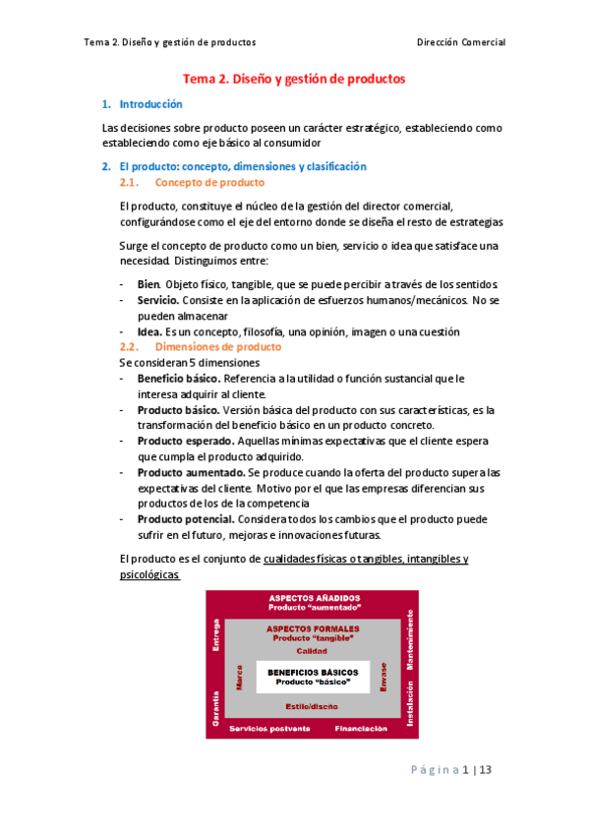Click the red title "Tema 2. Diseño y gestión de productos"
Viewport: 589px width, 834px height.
click(294, 79)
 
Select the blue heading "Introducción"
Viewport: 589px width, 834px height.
click(150, 104)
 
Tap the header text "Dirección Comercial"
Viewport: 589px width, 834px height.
click(461, 42)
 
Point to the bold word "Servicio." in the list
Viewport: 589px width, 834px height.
click(158, 299)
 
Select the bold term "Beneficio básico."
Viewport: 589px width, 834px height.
click(179, 379)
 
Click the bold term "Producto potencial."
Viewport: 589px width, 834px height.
click(185, 518)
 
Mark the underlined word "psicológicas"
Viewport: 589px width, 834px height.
click(147, 574)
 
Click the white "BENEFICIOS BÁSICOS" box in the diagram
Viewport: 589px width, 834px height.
click(314, 676)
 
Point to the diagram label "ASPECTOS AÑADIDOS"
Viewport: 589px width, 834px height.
click(314, 598)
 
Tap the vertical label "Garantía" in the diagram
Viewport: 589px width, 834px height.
click(214, 707)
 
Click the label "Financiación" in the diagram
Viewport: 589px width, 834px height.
click(367, 729)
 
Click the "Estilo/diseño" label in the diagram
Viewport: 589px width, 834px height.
click(313, 707)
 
